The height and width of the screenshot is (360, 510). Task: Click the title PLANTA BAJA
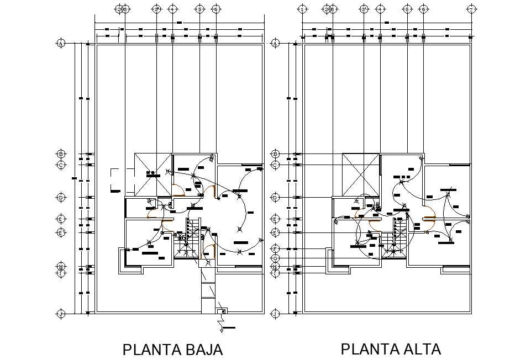[x=172, y=350]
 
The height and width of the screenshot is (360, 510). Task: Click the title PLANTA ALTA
[x=391, y=349]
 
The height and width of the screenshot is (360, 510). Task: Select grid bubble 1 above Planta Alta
[x=302, y=9]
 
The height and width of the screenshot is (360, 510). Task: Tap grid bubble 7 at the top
[x=471, y=9]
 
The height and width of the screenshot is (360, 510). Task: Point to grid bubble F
[x=276, y=249]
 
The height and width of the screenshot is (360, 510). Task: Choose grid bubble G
[x=276, y=258]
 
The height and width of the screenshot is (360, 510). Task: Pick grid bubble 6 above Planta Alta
[x=423, y=9]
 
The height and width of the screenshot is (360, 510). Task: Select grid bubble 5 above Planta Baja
[x=199, y=9]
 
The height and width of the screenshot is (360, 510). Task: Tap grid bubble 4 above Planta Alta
[x=380, y=9]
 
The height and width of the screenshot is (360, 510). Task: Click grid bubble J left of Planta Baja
[x=61, y=314]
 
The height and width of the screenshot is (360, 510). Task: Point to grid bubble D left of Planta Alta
[x=276, y=197]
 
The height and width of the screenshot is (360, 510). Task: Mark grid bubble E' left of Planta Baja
[x=61, y=232]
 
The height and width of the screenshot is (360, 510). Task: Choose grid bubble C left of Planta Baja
[x=61, y=165]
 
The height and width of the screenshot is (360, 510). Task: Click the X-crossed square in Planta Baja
[x=153, y=174]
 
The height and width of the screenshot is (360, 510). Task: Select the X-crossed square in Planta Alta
[x=360, y=174]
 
